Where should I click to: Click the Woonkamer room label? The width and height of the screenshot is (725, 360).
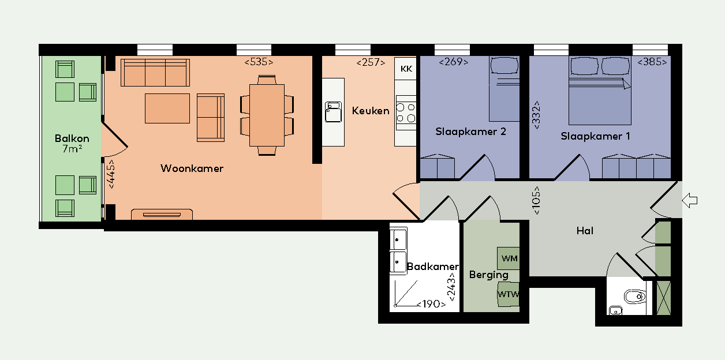tap(192, 168)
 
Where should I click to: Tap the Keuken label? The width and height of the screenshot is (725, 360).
tap(371, 111)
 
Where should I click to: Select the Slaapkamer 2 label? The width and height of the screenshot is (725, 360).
tap(470, 132)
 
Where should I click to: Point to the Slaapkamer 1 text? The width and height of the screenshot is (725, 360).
tap(596, 136)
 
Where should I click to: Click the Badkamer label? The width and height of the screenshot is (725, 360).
tap(433, 267)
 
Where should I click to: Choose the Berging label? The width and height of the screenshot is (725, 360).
tap(489, 275)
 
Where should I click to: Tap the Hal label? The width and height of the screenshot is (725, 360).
tap(585, 231)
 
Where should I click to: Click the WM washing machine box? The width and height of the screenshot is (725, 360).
tap(509, 258)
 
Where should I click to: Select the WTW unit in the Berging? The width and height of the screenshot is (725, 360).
tap(509, 294)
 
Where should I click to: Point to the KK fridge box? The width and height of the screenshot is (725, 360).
tap(406, 69)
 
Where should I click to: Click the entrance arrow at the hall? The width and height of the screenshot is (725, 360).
tap(689, 201)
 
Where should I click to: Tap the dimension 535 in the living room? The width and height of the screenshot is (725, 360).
tap(259, 62)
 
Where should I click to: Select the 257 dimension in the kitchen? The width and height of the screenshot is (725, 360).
tap(371, 62)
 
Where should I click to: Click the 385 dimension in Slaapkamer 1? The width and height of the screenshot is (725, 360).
tap(652, 62)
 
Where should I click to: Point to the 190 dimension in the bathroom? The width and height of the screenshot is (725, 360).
tap(431, 304)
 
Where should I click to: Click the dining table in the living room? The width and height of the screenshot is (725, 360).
tap(267, 115)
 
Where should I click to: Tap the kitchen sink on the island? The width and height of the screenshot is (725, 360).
tap(334, 112)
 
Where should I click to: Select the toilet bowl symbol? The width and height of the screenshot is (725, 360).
tap(635, 297)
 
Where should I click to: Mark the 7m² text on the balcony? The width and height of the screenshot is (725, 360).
tap(72, 149)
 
